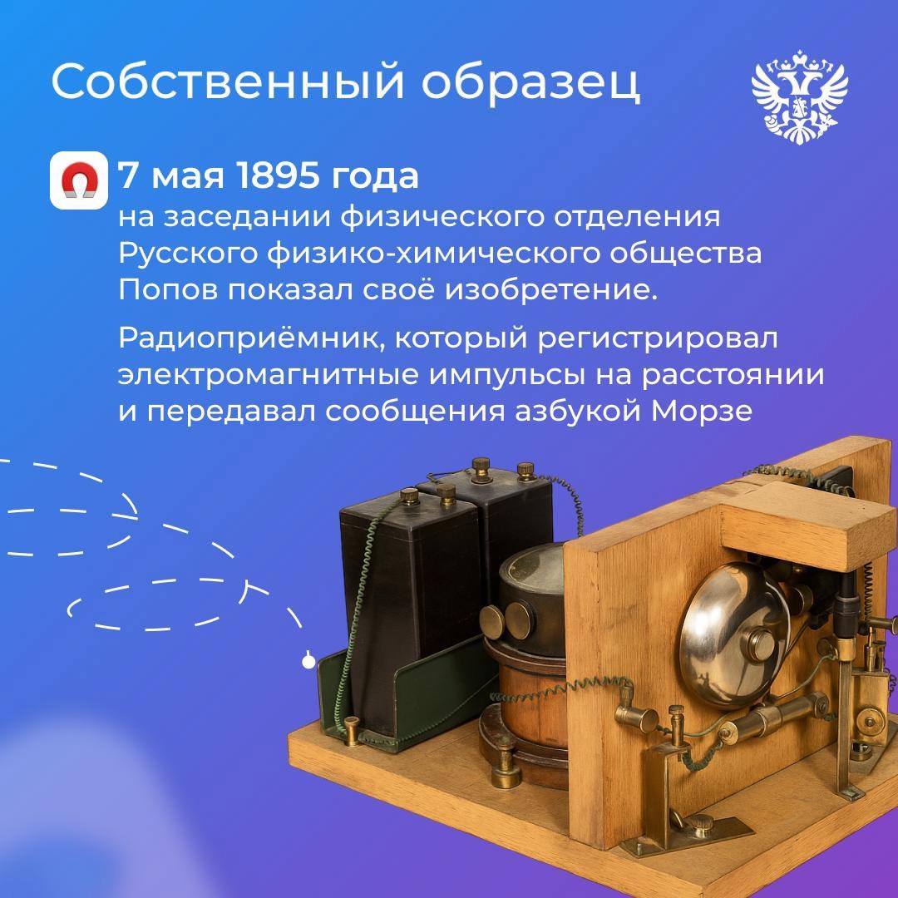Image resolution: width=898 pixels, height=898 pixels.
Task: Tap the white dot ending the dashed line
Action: tap(309, 662)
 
